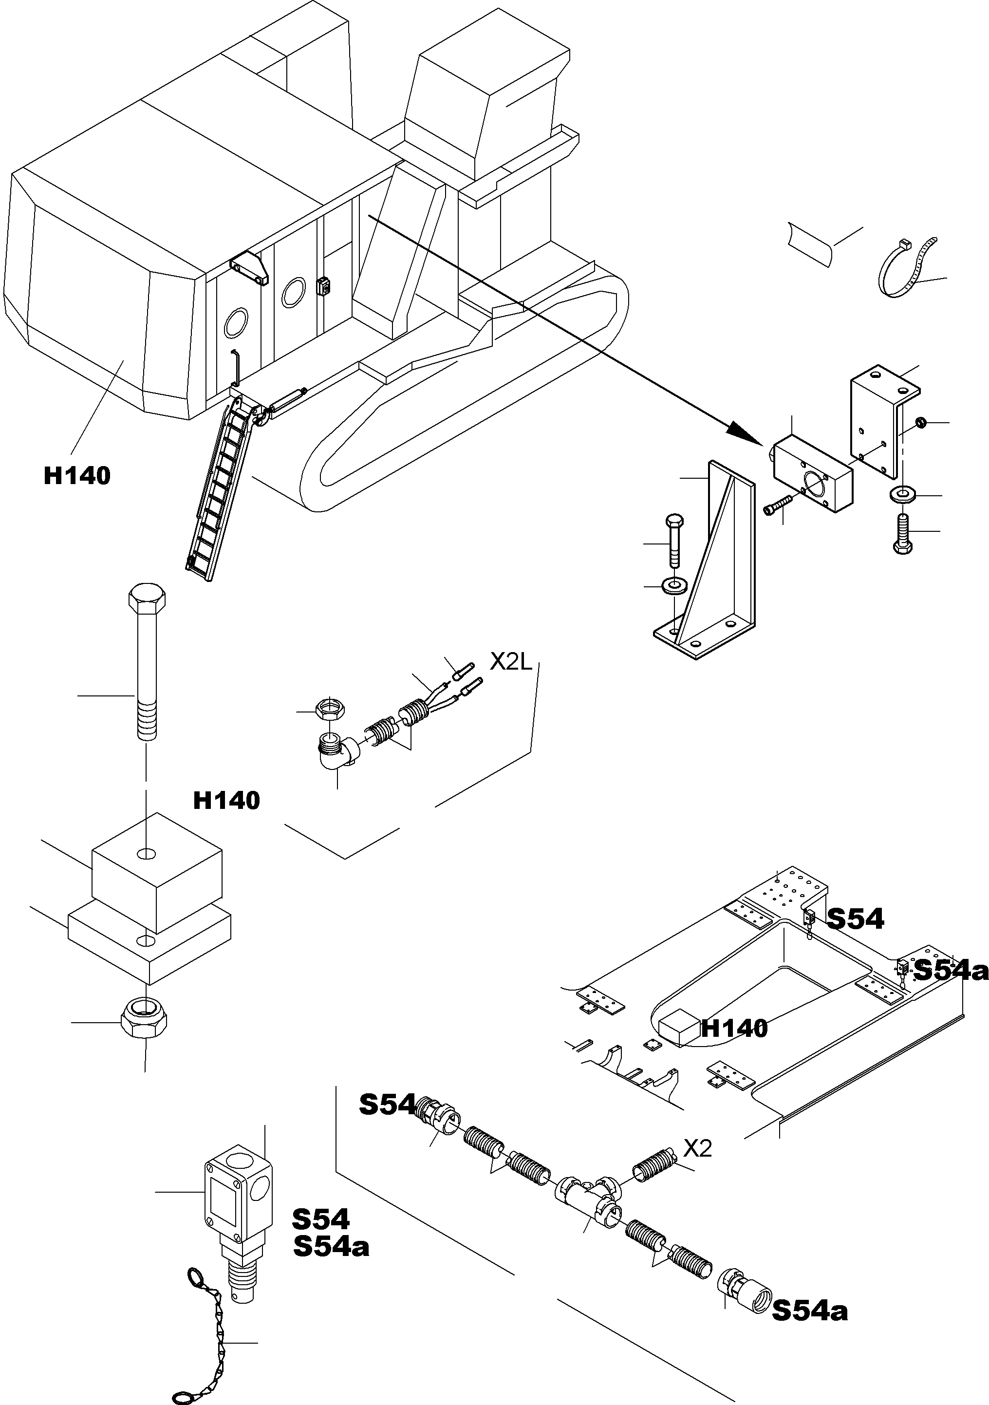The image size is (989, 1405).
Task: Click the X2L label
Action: [512, 661]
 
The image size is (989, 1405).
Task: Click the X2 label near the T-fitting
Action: [697, 1149]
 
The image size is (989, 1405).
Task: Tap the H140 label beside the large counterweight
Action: [77, 475]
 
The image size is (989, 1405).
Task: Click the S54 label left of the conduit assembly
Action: [387, 1104]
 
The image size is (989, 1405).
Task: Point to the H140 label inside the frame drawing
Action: [734, 1028]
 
